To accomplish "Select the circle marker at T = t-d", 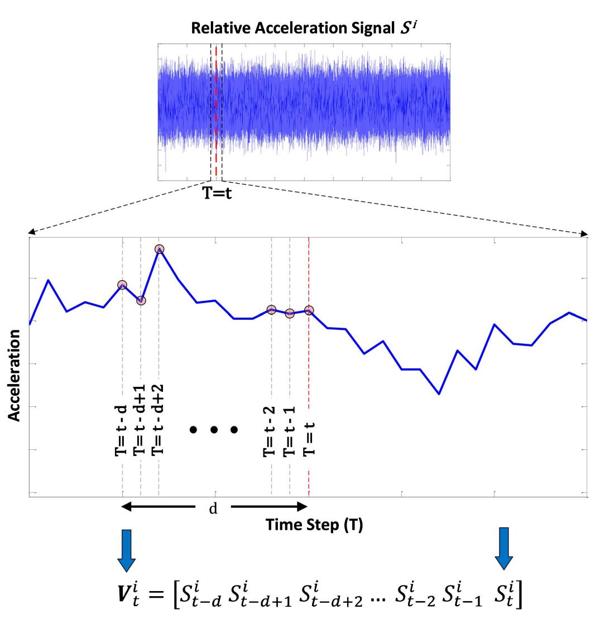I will [122, 285].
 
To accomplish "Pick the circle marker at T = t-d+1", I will [141, 300].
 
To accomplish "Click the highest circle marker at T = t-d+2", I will [159, 249].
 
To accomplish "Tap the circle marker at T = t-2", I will [271, 309].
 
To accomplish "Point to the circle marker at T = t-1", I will [290, 314].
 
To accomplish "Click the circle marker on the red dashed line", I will [309, 310].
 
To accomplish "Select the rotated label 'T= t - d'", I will [121, 424].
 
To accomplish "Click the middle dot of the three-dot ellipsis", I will [214, 430].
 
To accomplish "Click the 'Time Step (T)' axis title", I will [314, 525].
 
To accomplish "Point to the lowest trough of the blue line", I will [439, 394].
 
